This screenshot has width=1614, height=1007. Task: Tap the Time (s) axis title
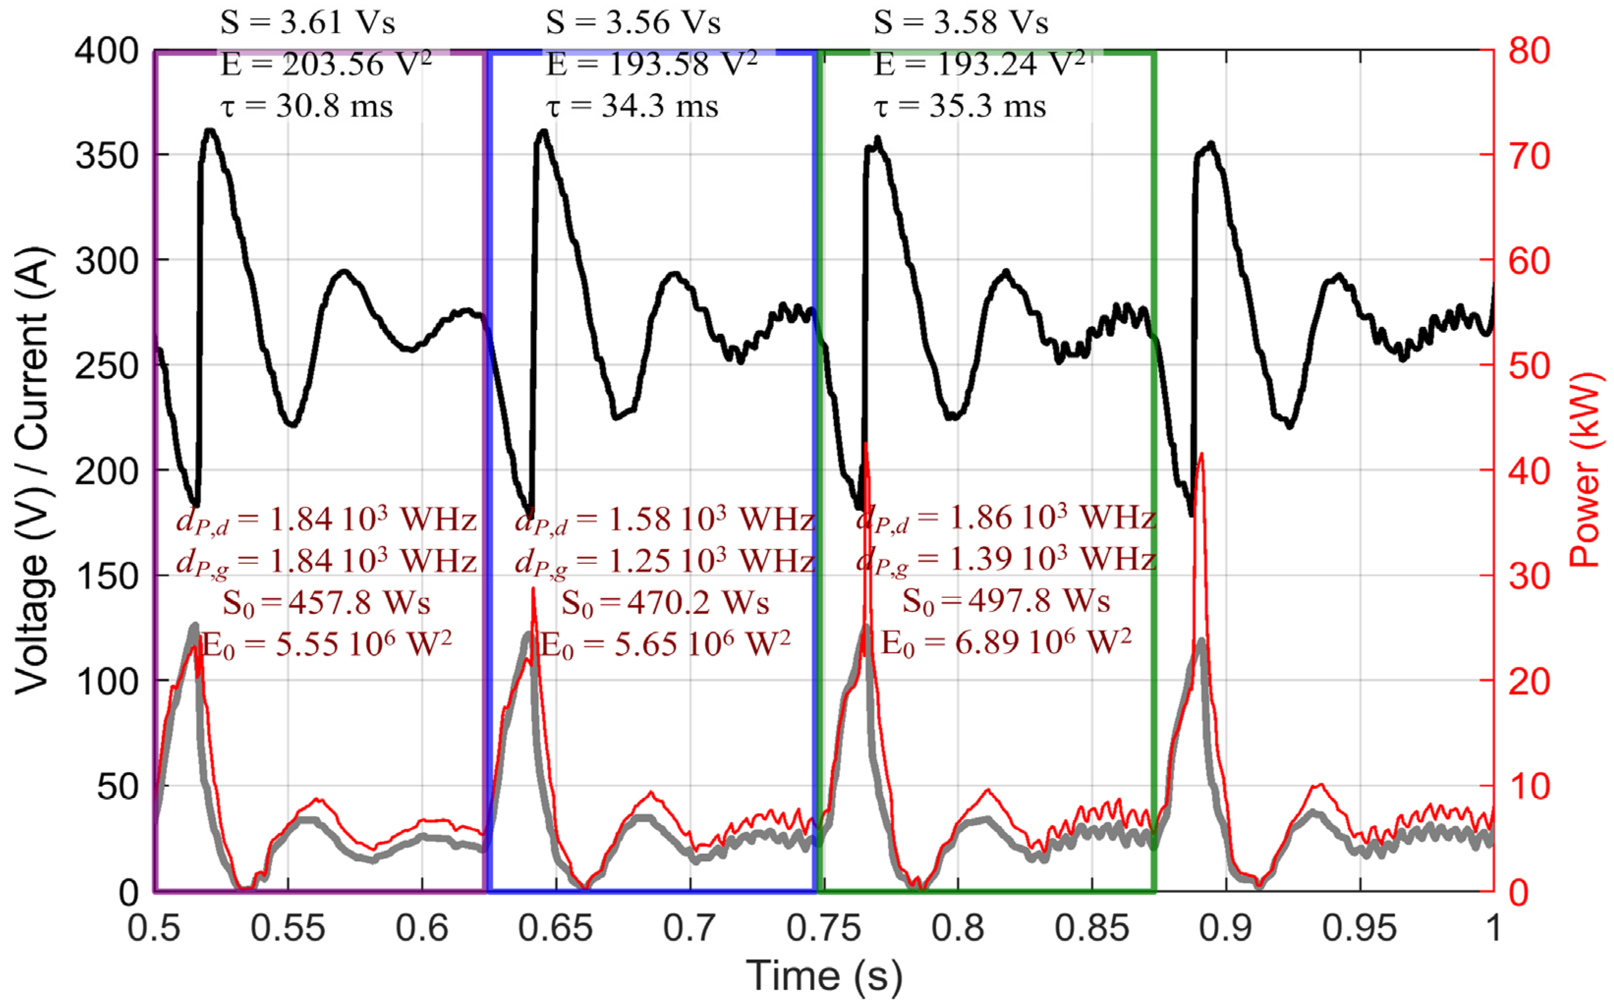(824, 977)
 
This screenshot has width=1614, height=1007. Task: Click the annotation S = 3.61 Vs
(308, 22)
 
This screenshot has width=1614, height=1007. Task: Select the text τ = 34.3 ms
(632, 107)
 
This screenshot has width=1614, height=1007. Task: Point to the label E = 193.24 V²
(979, 65)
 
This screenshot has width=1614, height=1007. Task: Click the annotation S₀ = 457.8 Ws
(326, 603)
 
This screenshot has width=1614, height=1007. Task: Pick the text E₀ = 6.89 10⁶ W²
(1006, 643)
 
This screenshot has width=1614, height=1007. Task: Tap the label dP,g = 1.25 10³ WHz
(664, 561)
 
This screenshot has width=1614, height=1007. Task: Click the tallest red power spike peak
(865, 444)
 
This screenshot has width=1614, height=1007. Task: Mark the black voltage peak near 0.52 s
(210, 131)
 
